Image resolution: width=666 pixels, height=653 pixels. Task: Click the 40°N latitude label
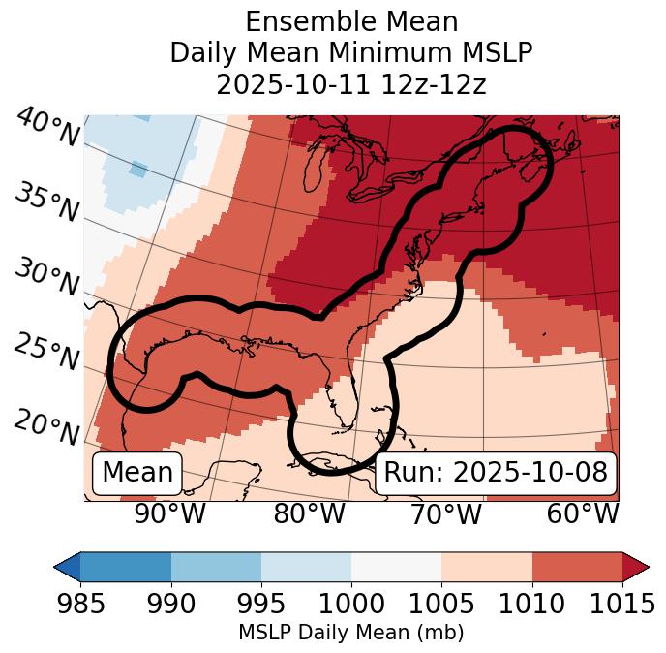[46, 128]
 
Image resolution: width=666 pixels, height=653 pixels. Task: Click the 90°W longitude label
[169, 514]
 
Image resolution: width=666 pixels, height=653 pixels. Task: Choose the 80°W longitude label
[309, 514]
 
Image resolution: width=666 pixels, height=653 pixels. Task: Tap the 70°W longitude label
[444, 514]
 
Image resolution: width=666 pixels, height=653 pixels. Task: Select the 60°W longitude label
[582, 514]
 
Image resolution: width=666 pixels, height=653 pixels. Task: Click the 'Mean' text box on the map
[137, 473]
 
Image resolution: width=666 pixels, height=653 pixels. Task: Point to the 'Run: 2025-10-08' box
[496, 473]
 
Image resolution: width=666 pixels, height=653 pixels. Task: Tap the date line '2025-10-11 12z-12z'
[351, 84]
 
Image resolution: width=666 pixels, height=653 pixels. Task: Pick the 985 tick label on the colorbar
[80, 604]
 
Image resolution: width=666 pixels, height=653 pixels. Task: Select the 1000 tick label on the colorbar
[351, 604]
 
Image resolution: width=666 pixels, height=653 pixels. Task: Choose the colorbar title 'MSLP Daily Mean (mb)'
[351, 634]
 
